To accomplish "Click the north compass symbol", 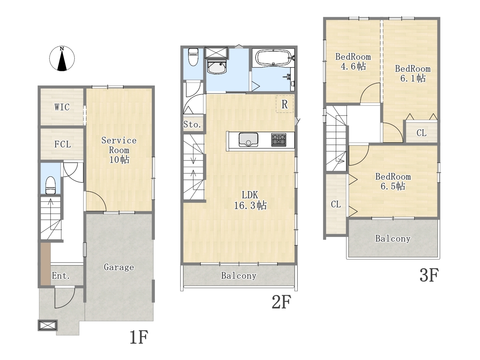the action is [62, 58].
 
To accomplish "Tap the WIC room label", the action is [62, 107].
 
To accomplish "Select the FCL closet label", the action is [63, 144].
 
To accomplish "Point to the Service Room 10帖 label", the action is [119, 150].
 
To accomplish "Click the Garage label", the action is [119, 267].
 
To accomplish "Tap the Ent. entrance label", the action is [61, 276].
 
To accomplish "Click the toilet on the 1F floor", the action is [50, 185].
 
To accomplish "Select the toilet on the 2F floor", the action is [193, 57].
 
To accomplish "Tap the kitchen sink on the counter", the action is [248, 139].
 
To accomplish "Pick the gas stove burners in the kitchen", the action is [279, 139].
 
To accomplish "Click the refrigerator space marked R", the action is [285, 104].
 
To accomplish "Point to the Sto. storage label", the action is [192, 124].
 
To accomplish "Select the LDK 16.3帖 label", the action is [250, 200].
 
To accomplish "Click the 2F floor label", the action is [282, 302].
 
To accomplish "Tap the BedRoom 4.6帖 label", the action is [353, 61].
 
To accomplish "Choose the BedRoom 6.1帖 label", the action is [412, 73].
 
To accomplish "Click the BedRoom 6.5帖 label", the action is [393, 181].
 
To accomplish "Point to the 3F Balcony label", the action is [393, 238].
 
